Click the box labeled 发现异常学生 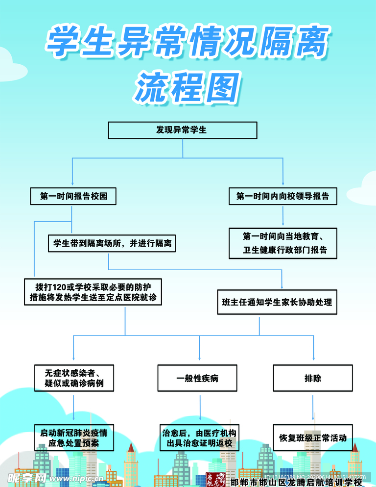click(x=182, y=130)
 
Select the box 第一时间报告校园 click(x=73, y=197)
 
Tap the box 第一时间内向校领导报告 click(x=283, y=197)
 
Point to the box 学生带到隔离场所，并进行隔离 click(x=112, y=243)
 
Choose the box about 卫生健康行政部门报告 click(x=283, y=243)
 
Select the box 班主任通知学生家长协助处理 click(x=277, y=302)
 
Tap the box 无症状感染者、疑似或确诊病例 click(x=73, y=378)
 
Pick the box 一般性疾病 click(x=197, y=378)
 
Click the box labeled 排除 click(x=313, y=378)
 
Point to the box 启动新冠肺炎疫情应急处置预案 click(x=74, y=437)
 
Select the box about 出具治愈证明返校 click(x=199, y=437)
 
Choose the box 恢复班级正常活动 click(x=313, y=437)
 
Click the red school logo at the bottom click(x=215, y=480)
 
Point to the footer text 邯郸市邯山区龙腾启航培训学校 click(x=296, y=482)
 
